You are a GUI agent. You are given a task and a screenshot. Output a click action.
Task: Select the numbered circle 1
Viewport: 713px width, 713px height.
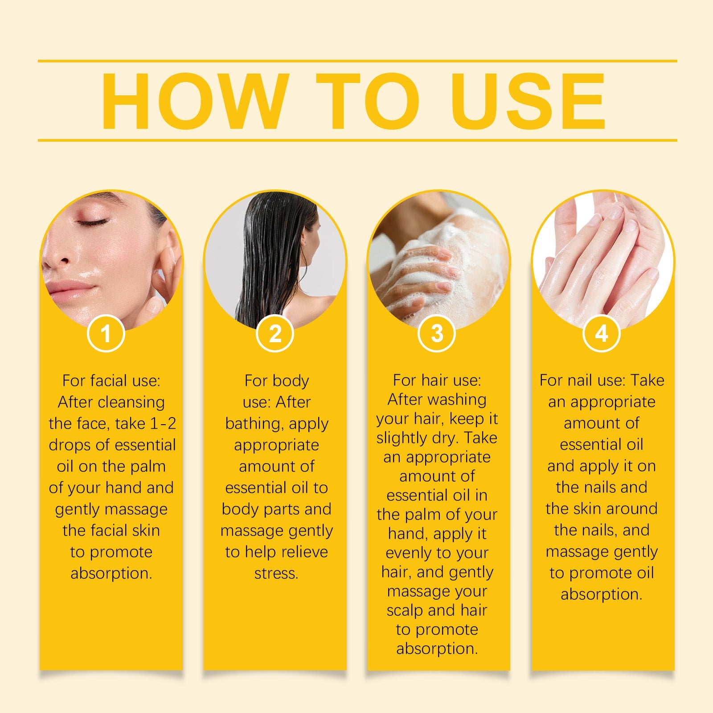click(x=106, y=333)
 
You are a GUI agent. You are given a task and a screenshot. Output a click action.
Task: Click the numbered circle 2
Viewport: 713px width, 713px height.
click(x=275, y=333)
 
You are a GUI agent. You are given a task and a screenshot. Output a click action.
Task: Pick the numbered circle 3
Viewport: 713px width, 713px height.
click(x=437, y=333)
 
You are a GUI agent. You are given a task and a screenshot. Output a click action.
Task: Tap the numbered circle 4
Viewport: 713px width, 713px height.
click(x=602, y=333)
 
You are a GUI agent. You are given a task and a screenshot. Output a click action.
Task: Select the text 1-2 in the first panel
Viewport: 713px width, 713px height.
click(x=163, y=423)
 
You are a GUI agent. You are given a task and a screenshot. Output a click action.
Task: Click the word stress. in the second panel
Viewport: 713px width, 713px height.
click(x=276, y=573)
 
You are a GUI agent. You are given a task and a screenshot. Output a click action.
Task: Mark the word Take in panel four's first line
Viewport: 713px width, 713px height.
click(x=647, y=380)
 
